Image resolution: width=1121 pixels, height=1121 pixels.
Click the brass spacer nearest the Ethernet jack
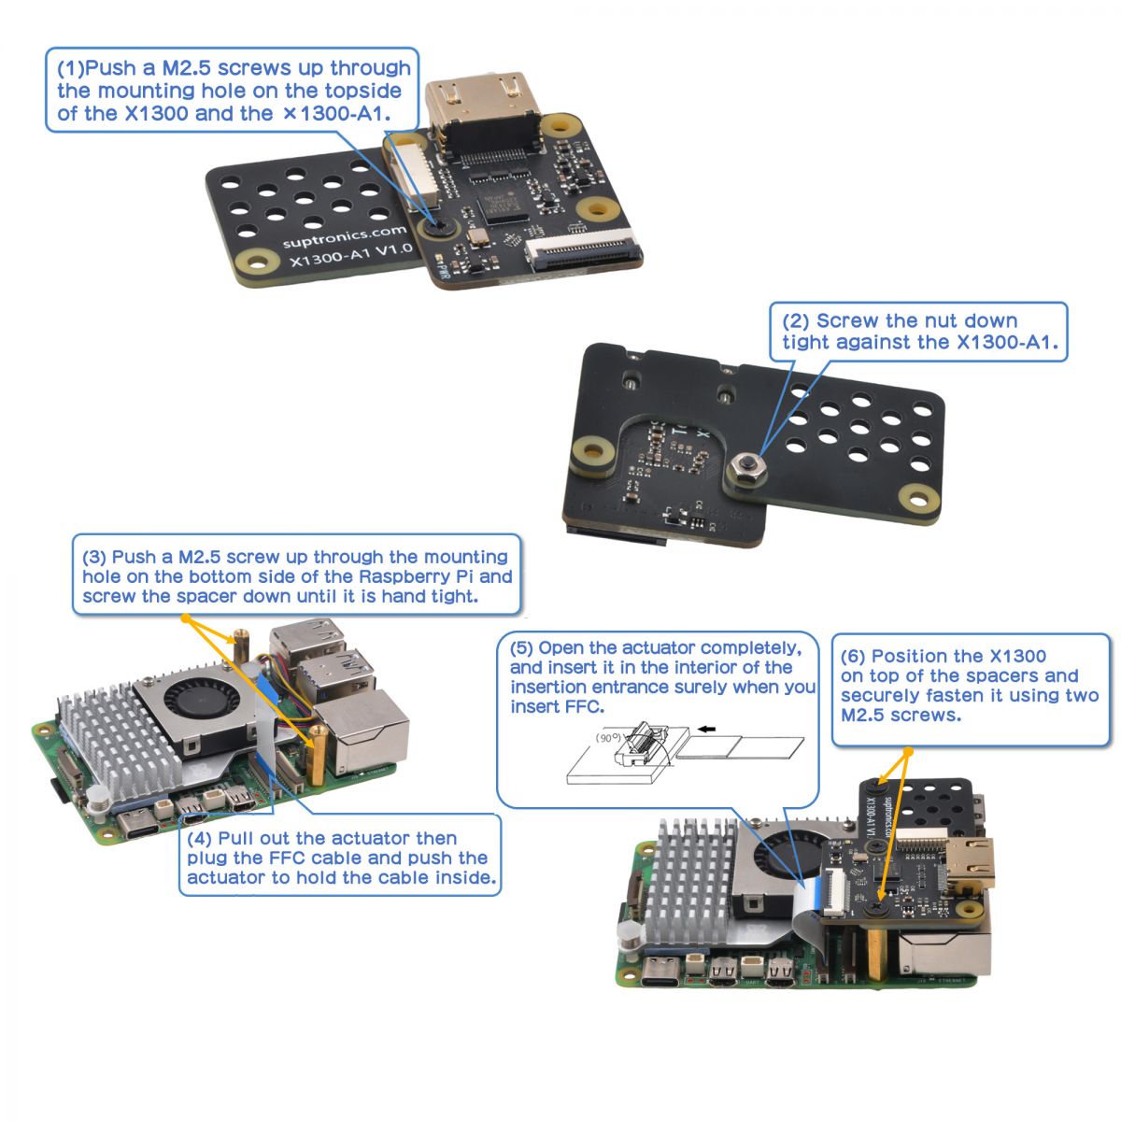pyautogui.click(x=318, y=755)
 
